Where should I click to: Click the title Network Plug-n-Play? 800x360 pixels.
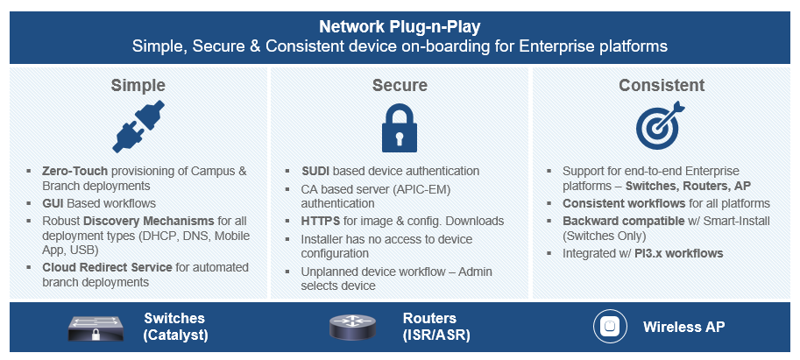click(x=400, y=26)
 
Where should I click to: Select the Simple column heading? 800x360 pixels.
click(x=138, y=85)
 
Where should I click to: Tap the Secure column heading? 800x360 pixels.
click(x=400, y=85)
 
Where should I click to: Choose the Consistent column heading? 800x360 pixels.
click(x=662, y=85)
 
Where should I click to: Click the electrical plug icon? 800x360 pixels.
click(x=138, y=126)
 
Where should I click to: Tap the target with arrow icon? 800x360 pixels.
click(x=660, y=125)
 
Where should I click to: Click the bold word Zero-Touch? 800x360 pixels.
click(x=75, y=172)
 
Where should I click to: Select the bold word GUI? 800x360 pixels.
click(x=53, y=203)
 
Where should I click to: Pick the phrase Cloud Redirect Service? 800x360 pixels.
click(x=107, y=267)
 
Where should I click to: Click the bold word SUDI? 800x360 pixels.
click(x=315, y=171)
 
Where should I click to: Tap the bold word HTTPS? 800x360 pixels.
click(x=318, y=221)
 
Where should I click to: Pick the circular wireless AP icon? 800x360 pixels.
click(x=610, y=327)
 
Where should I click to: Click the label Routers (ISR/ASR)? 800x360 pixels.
click(x=436, y=327)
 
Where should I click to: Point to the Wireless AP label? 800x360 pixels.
click(x=683, y=327)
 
